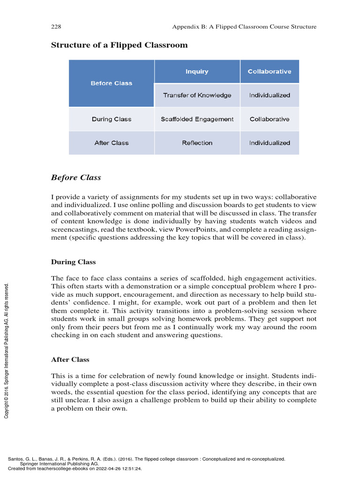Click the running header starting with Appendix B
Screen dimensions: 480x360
[x=244, y=27]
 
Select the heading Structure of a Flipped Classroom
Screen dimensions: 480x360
[x=119, y=45]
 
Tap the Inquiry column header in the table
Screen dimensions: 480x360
[x=197, y=72]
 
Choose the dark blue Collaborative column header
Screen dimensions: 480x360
[x=270, y=72]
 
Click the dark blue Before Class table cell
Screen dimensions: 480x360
[x=112, y=83]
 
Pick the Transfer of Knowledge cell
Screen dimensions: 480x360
[x=197, y=96]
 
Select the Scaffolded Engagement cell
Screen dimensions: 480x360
[x=197, y=120]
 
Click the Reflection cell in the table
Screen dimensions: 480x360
[x=197, y=143]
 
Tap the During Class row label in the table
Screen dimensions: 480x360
[x=112, y=120]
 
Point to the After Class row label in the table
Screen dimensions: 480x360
[x=112, y=143]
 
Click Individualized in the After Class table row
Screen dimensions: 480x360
[x=270, y=143]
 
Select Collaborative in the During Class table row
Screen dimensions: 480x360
[x=270, y=120]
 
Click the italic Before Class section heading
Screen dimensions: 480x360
[x=75, y=178]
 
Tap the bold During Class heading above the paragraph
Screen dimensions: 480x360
[x=73, y=262]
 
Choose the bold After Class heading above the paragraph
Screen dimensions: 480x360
[x=70, y=360]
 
